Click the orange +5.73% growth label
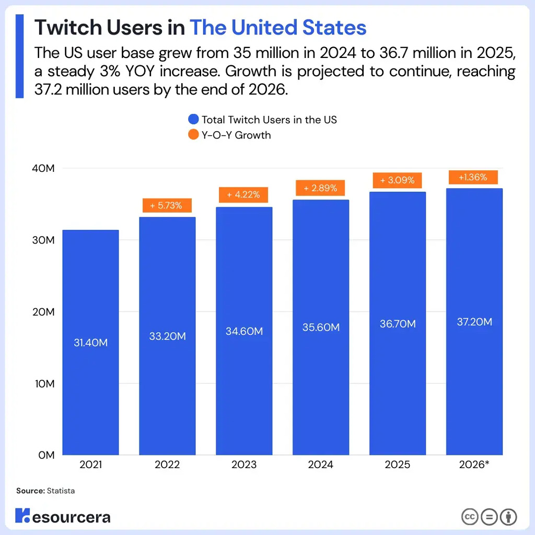pos(167,205)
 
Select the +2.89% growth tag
pos(320,188)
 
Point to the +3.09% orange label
pos(397,180)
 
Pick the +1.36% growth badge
pos(473,177)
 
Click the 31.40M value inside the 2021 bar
pos(90,343)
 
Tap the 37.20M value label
pos(474,322)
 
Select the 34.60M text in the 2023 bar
pos(244,331)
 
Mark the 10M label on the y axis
pos(44,383)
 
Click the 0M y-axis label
pos(46,455)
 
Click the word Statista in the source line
pos(61,491)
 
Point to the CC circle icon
pos(470,517)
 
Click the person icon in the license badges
pos(508,517)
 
